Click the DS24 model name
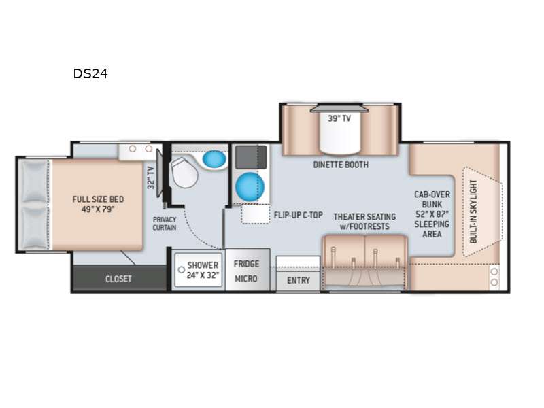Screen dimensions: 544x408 pos(90,73)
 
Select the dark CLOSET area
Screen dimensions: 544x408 pos(118,278)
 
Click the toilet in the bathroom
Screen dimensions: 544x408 pos(184,172)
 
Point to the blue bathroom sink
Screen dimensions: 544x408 pos(214,159)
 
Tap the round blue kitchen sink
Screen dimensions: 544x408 pos(250,186)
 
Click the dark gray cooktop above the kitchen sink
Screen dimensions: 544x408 pos(251,157)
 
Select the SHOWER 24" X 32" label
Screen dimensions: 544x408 pos(203,270)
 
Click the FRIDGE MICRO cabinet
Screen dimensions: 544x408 pos(247,270)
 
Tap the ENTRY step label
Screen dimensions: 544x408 pos(299,280)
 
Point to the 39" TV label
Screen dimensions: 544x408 pos(339,118)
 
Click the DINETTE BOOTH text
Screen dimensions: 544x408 pos(341,165)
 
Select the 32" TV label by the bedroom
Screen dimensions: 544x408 pos(150,177)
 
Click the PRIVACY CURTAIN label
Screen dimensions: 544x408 pos(165,224)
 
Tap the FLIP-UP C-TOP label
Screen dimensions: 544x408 pos(299,215)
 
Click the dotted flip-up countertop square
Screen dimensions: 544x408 pos(256,214)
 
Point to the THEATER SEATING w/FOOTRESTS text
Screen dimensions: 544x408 pos(364,222)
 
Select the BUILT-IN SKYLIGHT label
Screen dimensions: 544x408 pos(473,211)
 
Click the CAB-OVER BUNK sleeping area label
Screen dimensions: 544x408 pos(432,214)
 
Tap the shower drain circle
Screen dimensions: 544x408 pos(181,269)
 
